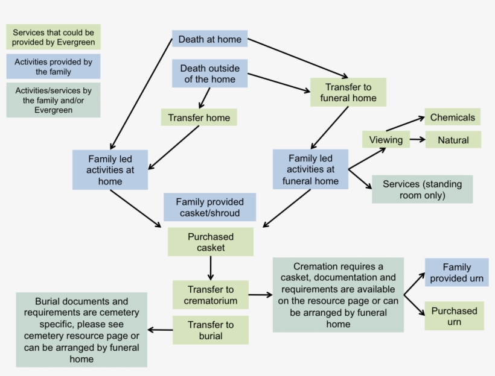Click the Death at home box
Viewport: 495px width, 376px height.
point(209,39)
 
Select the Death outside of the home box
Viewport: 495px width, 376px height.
point(209,74)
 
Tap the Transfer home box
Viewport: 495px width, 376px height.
point(199,117)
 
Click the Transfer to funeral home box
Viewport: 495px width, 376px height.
point(348,92)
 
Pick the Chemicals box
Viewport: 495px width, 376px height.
point(452,117)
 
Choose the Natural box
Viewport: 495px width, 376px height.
point(453,140)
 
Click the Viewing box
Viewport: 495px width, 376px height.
point(386,139)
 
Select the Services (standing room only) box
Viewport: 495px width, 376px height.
point(422,189)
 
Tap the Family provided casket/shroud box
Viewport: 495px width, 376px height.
point(209,207)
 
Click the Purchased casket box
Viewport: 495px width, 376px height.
point(211,242)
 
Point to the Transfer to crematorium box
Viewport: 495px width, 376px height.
point(211,295)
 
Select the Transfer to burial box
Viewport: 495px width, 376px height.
point(211,330)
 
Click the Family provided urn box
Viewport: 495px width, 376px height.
point(456,272)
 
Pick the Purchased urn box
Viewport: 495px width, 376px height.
point(455,316)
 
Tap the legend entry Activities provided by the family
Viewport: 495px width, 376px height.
point(53,66)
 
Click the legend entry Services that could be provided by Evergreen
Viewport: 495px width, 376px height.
point(53,37)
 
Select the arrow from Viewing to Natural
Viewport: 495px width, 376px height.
point(418,139)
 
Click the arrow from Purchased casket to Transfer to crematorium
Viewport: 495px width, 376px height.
point(211,268)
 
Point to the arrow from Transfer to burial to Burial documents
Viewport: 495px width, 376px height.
point(160,330)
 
